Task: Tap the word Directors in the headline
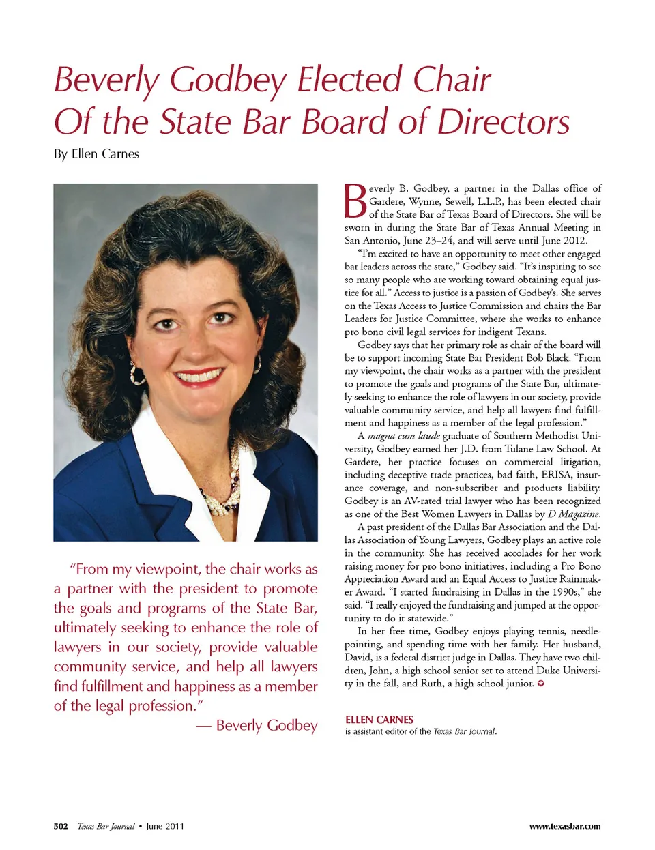coord(504,122)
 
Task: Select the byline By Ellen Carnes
coord(96,154)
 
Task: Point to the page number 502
coord(61,826)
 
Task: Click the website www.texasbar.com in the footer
coord(565,826)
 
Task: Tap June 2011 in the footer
coord(165,826)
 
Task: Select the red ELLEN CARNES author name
coord(379,720)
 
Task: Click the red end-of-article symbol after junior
coord(541,684)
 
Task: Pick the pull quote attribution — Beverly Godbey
coord(257,725)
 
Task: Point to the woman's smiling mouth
coord(199,376)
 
